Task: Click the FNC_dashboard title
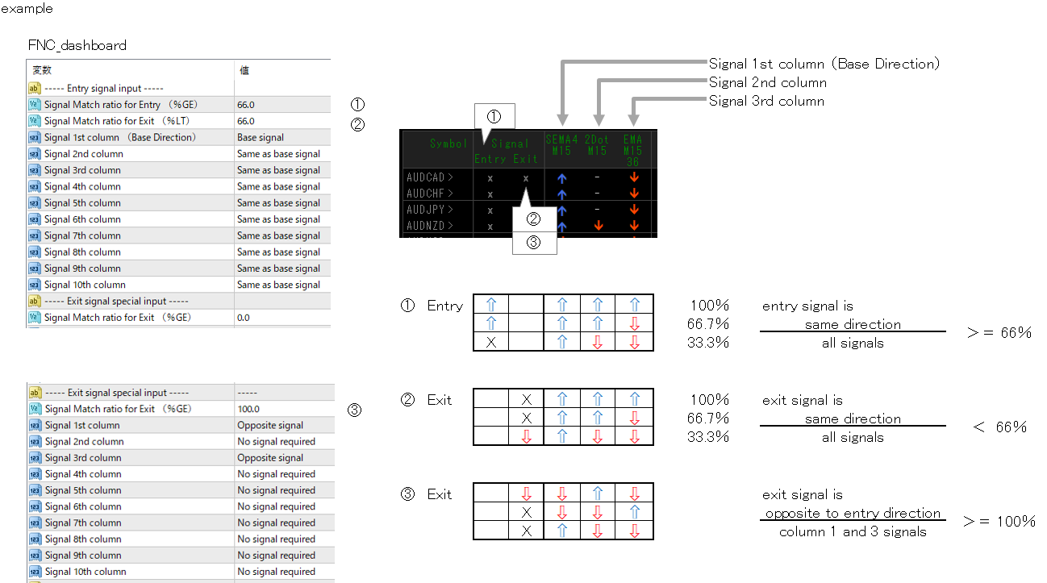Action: (77, 46)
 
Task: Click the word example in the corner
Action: (27, 9)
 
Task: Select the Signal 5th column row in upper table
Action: (82, 203)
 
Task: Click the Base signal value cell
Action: (261, 138)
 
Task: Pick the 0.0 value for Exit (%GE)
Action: (244, 318)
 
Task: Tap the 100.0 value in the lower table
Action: (248, 409)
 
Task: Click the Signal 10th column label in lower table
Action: (86, 572)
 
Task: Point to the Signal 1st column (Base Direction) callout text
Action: (824, 64)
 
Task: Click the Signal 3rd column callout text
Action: (766, 101)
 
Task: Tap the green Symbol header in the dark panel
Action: (448, 144)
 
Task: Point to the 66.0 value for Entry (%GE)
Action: (246, 105)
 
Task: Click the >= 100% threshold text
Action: (999, 522)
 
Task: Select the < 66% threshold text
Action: (999, 427)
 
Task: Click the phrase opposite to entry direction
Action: (853, 513)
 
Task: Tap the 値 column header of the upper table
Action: (244, 71)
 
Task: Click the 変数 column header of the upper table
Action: (42, 71)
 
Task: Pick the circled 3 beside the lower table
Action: (355, 410)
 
